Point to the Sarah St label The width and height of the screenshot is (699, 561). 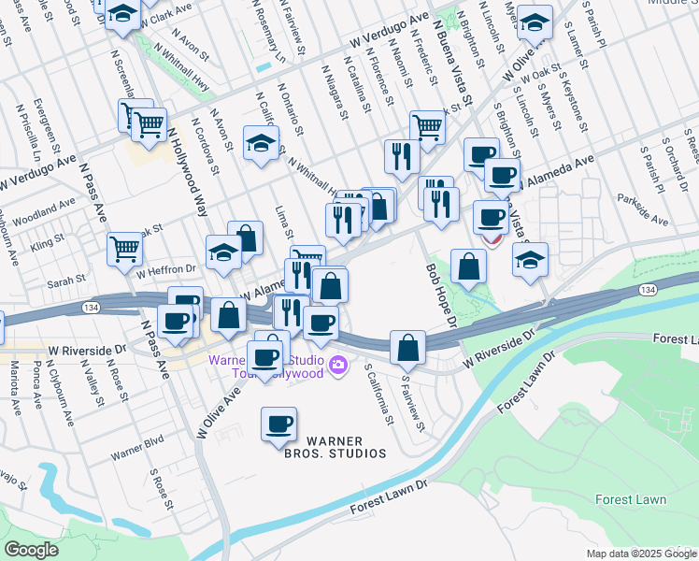tap(66, 279)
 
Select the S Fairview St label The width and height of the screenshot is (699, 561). tap(413, 403)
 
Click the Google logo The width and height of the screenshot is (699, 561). tap(31, 550)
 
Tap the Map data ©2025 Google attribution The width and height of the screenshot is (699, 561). tap(641, 554)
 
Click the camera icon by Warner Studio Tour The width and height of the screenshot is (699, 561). tap(337, 365)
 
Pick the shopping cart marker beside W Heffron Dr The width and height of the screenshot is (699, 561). tap(124, 249)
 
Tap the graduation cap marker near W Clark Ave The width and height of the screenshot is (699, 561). tap(121, 14)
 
